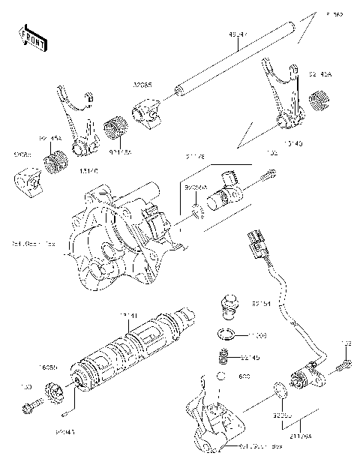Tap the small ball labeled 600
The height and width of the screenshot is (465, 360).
(222, 376)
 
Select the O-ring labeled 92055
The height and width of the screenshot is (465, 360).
(278, 390)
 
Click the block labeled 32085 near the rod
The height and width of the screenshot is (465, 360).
(146, 113)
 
